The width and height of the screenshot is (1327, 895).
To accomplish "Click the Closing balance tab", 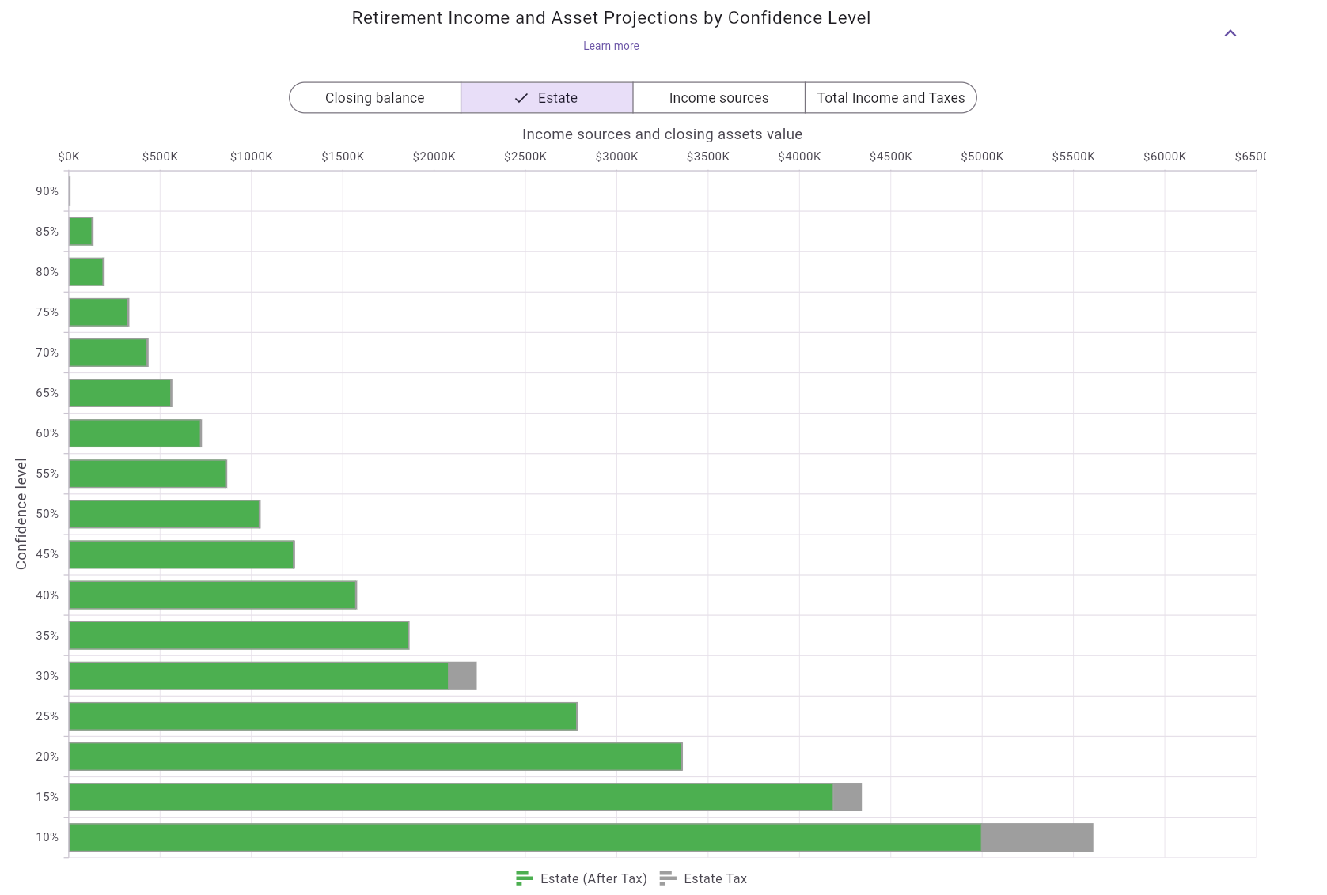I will [x=374, y=98].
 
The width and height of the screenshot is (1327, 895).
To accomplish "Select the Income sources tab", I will [x=718, y=98].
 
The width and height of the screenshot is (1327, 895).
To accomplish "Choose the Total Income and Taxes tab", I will [x=890, y=98].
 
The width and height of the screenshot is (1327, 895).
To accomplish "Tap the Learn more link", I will [x=611, y=46].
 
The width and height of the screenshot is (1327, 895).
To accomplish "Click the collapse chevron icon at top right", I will [x=1230, y=33].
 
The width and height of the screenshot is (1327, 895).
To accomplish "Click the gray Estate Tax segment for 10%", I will [x=1037, y=837].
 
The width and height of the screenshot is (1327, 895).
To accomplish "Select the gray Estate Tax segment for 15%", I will [x=847, y=797].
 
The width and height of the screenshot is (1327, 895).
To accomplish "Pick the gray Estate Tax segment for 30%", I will [x=462, y=676].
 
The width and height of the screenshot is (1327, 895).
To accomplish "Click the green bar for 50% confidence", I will [x=164, y=515].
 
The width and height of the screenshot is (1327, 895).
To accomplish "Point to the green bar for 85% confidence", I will [x=81, y=232].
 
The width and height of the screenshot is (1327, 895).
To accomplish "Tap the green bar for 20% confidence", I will [x=374, y=757].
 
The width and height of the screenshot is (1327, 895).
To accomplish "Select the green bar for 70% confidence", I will [x=108, y=353].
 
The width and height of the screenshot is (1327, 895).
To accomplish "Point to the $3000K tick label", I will [x=616, y=157].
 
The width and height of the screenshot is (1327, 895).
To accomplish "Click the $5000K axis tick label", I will [x=981, y=157].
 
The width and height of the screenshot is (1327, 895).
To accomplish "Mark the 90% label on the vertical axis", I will [x=47, y=191].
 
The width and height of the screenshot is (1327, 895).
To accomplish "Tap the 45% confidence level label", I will [x=47, y=554].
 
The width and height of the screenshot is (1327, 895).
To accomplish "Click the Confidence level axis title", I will [x=21, y=514].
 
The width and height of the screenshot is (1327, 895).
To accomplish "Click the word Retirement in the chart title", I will [x=397, y=18].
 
